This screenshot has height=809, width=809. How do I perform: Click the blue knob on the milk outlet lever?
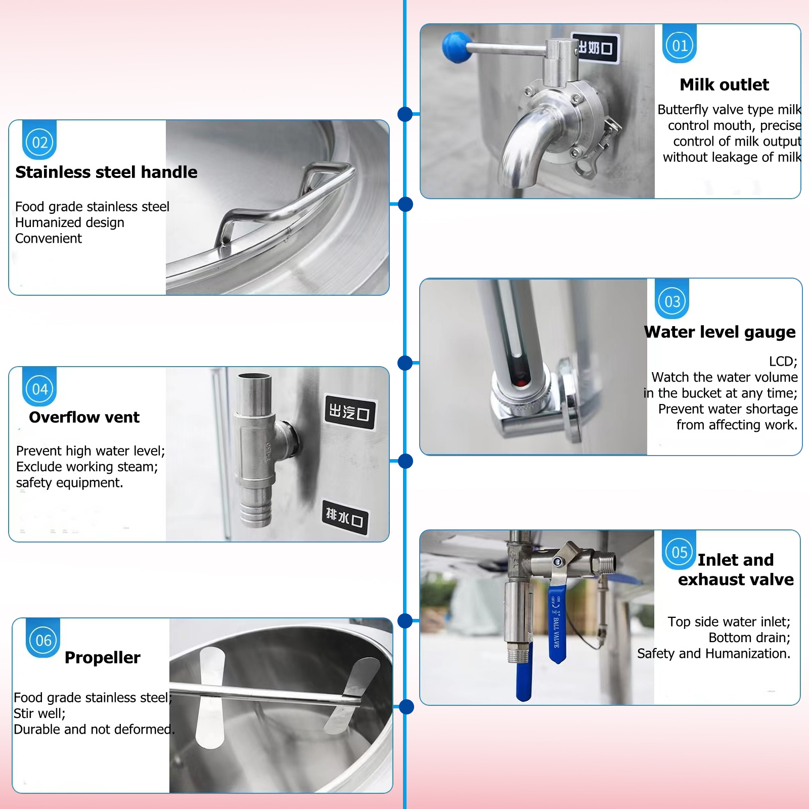pos(457,47)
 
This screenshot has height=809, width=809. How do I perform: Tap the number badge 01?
pos(680,46)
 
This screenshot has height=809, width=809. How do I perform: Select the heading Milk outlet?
pos(724,84)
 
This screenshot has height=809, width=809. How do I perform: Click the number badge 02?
pos(40,143)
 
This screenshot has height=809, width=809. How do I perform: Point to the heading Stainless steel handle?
pos(106,172)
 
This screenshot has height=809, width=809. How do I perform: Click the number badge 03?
pos(672,302)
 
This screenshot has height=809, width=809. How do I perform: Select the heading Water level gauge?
pos(720,332)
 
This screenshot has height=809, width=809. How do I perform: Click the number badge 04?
pos(40,389)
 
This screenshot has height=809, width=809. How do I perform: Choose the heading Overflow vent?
pos(84,417)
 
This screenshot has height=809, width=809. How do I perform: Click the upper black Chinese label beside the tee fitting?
pos(349,412)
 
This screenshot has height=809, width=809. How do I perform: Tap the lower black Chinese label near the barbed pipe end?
pos(345,517)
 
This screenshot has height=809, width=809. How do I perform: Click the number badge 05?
pos(679,552)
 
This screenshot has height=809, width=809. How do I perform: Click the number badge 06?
pos(43,641)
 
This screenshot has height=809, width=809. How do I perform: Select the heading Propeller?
pos(103,657)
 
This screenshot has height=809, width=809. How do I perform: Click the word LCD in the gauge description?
pos(782,362)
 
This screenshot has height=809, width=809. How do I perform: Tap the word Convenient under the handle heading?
pos(49,239)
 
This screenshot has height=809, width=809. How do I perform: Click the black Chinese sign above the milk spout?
pos(596,48)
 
